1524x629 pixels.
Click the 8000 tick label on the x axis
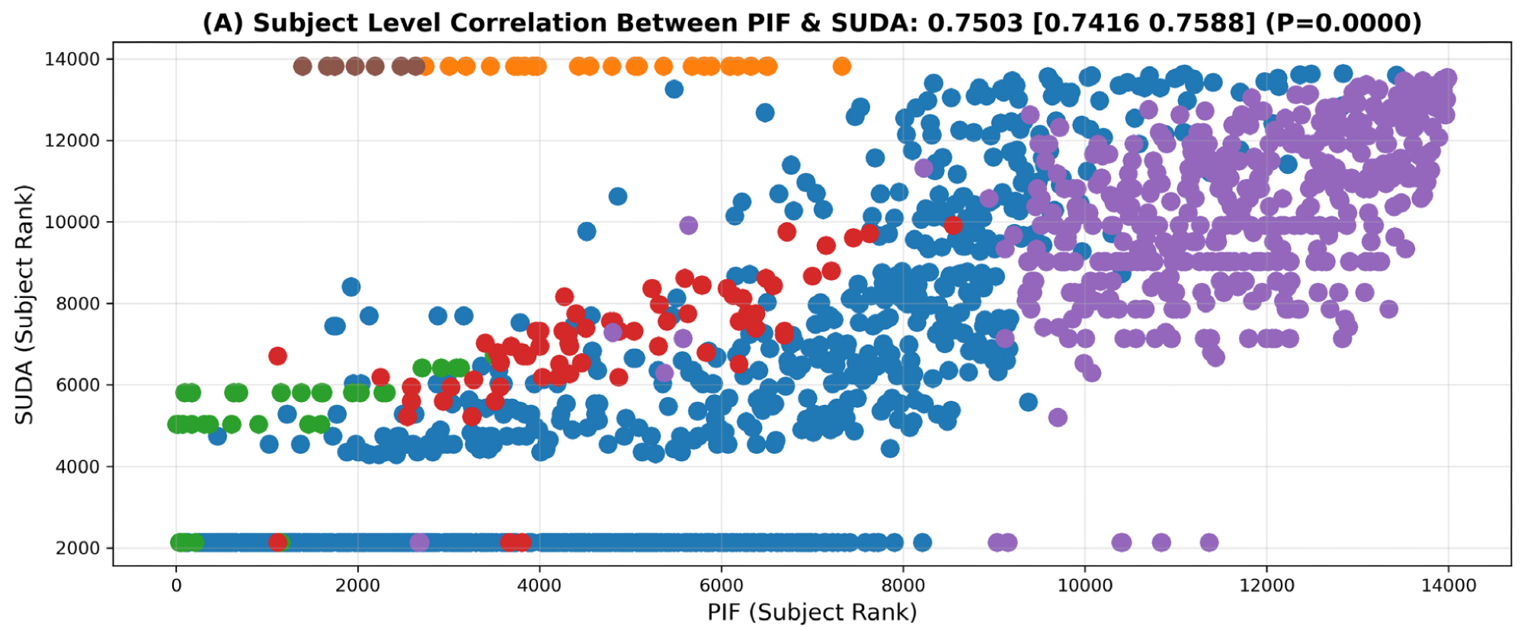(x=903, y=586)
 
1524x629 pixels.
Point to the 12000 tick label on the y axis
(x=72, y=140)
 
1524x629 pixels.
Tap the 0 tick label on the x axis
(x=176, y=586)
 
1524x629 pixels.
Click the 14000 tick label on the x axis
(x=1448, y=586)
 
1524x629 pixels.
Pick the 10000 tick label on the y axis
(x=72, y=222)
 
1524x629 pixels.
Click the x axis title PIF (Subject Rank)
(x=812, y=612)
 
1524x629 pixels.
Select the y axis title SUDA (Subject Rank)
(x=24, y=304)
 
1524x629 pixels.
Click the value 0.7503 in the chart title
(x=975, y=23)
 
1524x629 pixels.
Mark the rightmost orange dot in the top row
(x=841, y=66)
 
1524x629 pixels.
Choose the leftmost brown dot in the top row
(x=303, y=66)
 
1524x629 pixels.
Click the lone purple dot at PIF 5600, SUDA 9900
(x=688, y=225)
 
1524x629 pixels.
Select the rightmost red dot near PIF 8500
(x=952, y=225)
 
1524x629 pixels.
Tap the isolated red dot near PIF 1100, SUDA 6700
(x=277, y=355)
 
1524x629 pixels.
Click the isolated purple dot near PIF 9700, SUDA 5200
(x=1058, y=417)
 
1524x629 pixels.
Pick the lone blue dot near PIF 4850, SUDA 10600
(x=617, y=197)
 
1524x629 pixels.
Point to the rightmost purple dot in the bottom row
(x=1209, y=542)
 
